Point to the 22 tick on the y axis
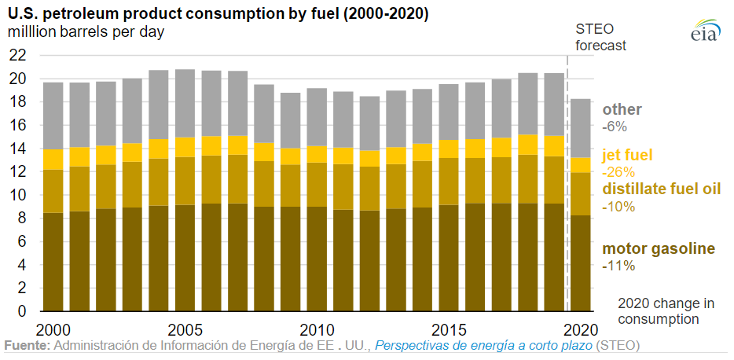click(x=17, y=55)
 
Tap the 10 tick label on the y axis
click(x=17, y=195)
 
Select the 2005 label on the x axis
click(x=185, y=328)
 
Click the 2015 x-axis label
click(x=449, y=328)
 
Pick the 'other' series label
click(x=622, y=109)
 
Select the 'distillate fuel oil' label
click(x=661, y=189)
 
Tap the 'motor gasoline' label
click(x=659, y=249)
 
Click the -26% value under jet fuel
click(x=618, y=172)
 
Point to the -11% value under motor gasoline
click(x=618, y=266)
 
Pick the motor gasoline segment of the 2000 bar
click(x=53, y=261)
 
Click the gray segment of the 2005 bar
click(x=185, y=103)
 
